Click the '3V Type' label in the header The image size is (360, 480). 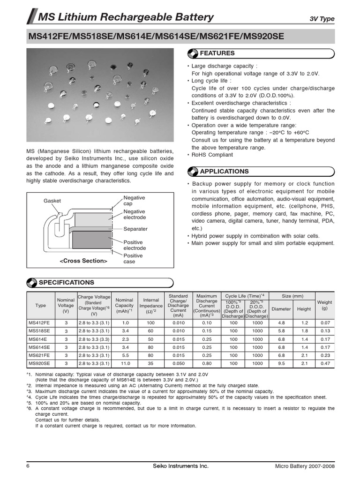[322, 19]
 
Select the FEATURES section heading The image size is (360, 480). [217, 53]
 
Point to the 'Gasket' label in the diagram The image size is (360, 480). [52, 201]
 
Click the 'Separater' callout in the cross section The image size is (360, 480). [135, 229]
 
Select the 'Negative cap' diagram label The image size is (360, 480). [134, 201]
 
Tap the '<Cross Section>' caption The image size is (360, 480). [83, 261]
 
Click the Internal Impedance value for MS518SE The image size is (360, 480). [151, 331]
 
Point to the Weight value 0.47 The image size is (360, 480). [325, 363]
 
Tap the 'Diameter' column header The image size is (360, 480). [281, 309]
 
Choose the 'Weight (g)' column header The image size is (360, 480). [325, 306]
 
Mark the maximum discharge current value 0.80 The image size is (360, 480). [207, 363]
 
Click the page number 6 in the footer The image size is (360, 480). [28, 465]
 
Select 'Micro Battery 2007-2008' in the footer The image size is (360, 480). [305, 465]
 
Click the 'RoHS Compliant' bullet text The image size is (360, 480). [212, 155]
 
